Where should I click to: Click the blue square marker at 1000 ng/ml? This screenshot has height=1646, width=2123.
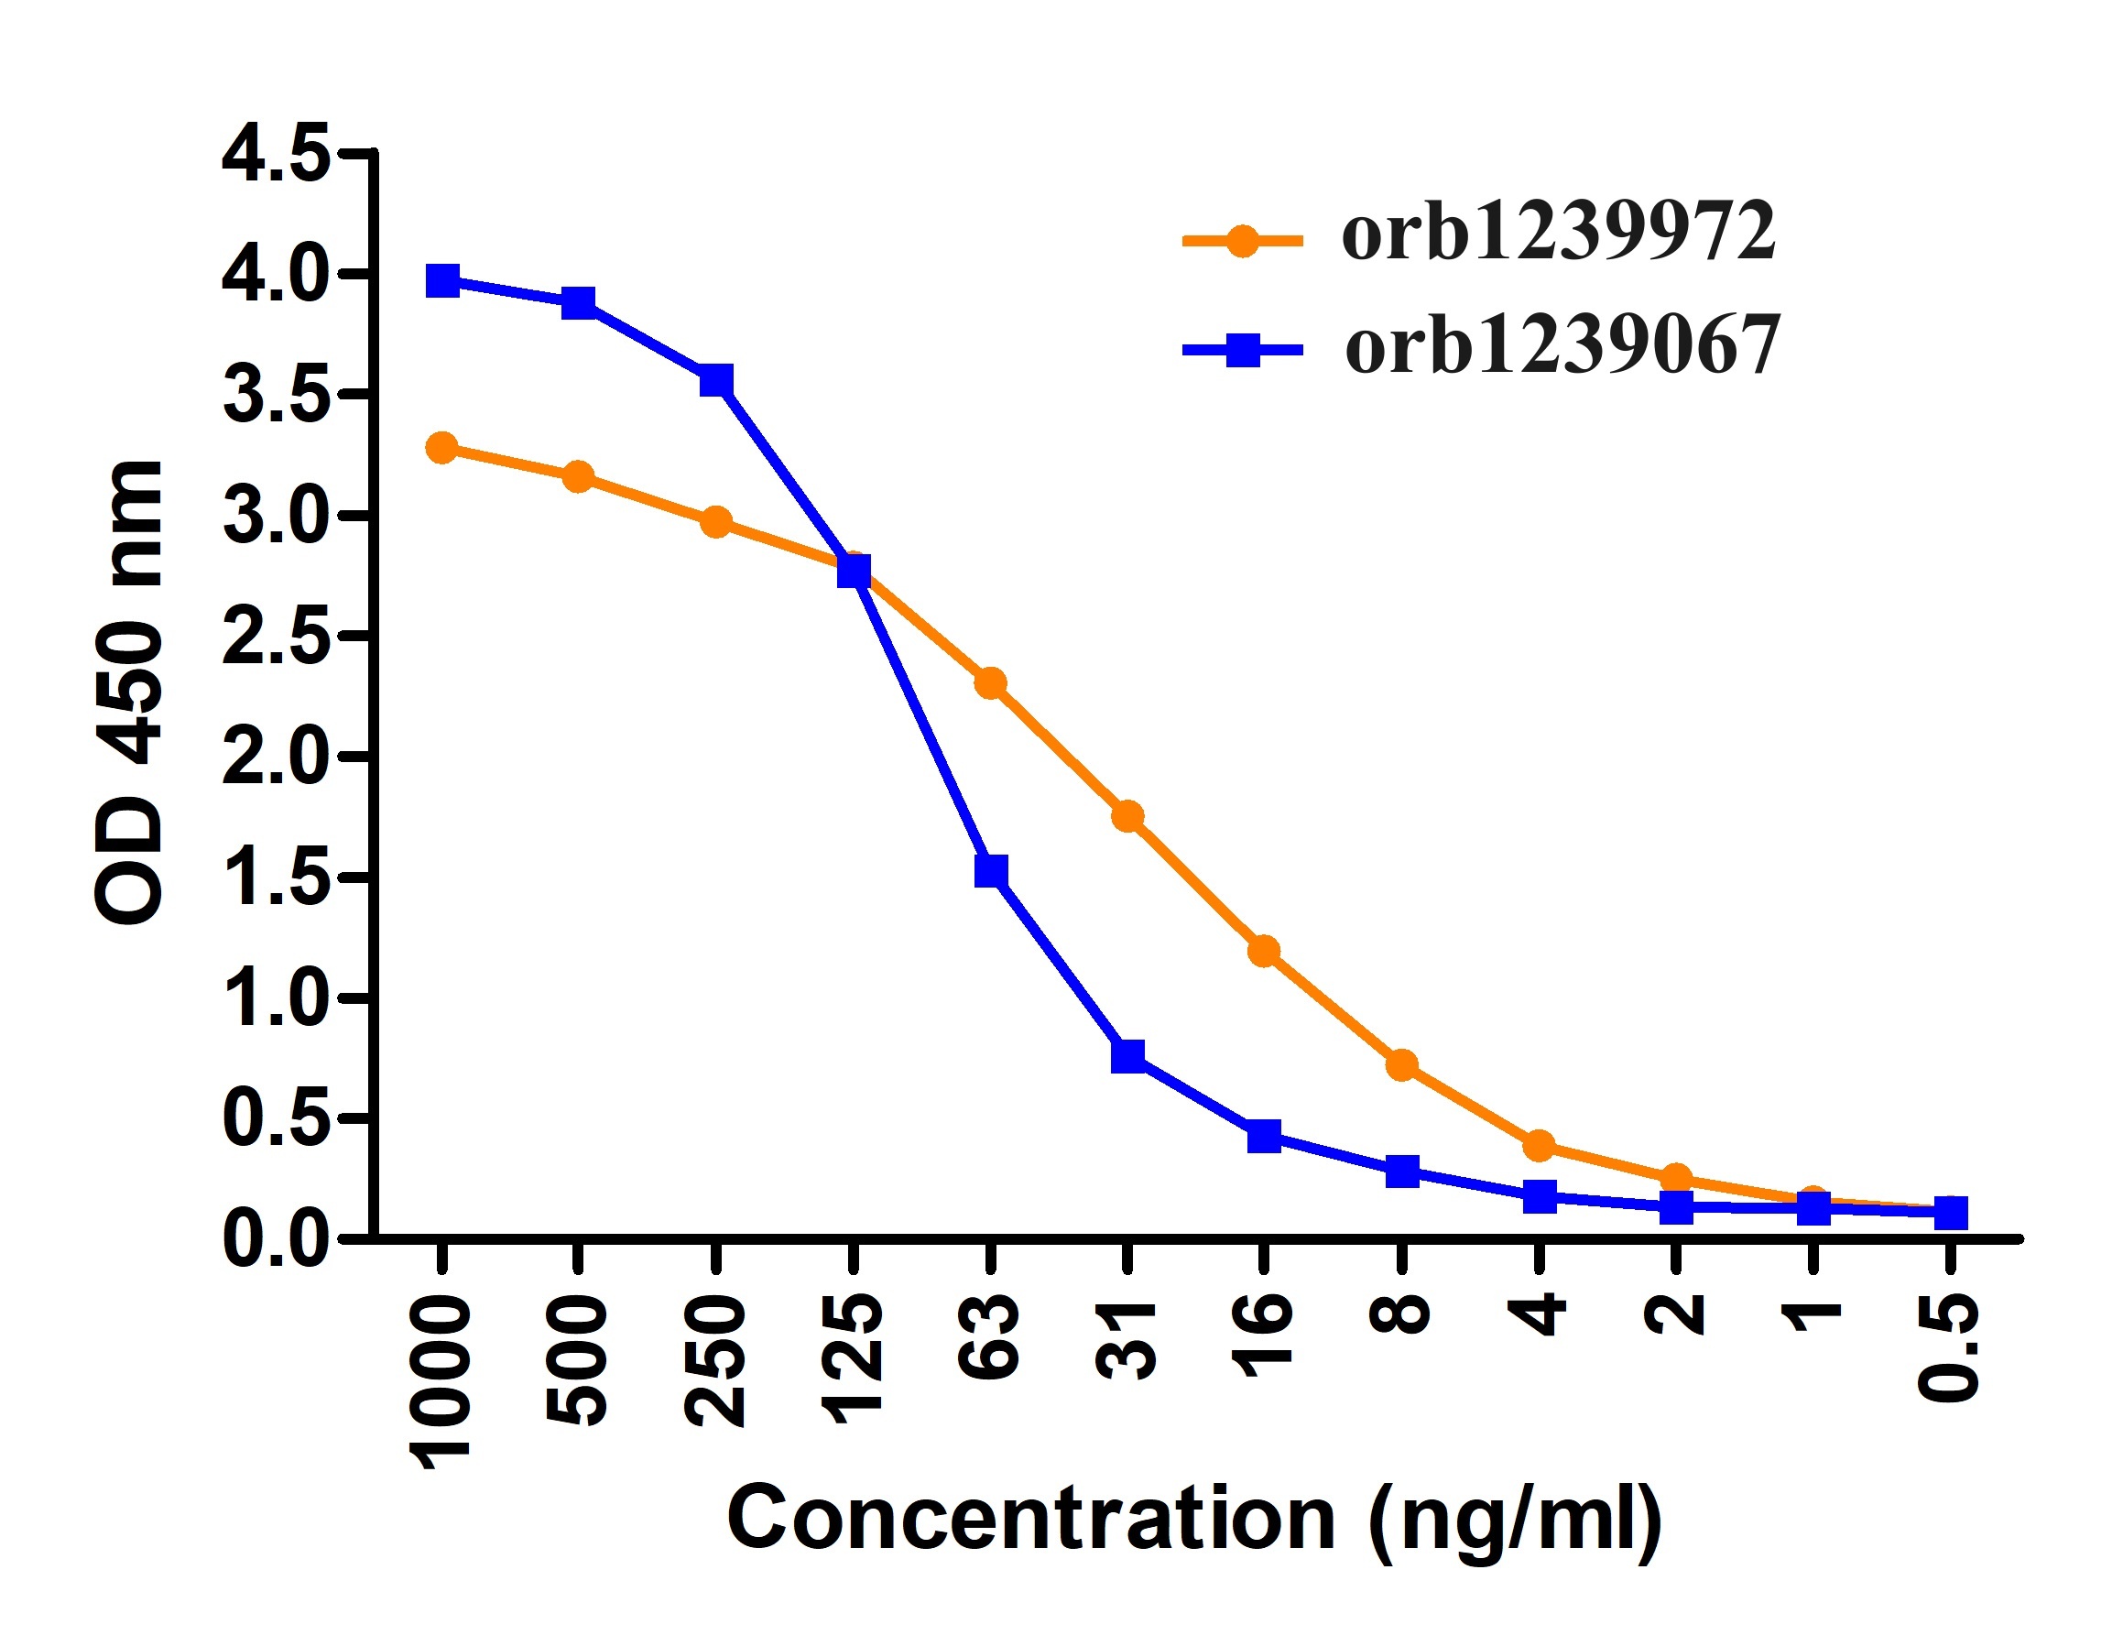tap(443, 281)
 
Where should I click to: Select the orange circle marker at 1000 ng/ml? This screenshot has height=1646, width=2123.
tap(442, 448)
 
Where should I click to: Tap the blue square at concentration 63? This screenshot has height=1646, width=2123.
tap(991, 870)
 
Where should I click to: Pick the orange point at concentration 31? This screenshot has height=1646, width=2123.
tap(1127, 817)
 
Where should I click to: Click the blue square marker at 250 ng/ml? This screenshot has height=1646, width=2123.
tap(716, 380)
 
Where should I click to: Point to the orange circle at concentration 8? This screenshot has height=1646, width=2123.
tap(1401, 1065)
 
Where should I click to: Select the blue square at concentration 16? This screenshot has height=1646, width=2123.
tap(1264, 1135)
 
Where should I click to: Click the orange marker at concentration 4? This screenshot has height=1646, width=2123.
tap(1539, 1145)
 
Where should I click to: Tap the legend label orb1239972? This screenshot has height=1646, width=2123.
tap(1558, 233)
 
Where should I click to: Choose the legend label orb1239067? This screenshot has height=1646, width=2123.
tap(1562, 346)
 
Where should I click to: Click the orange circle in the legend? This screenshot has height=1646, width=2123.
tap(1241, 239)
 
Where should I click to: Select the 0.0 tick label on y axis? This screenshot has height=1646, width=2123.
tap(276, 1239)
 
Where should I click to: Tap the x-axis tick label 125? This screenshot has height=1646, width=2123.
tap(854, 1359)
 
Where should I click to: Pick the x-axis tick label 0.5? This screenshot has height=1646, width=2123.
tap(1949, 1347)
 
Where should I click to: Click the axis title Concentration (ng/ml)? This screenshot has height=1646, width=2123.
tap(1194, 1518)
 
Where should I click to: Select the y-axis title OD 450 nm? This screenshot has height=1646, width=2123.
tap(130, 692)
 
